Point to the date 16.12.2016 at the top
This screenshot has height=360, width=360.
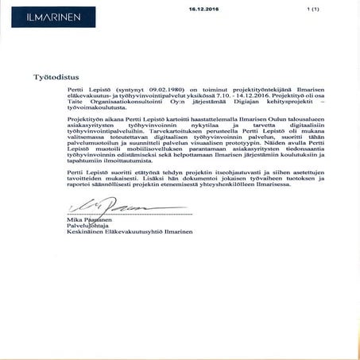point(203,8)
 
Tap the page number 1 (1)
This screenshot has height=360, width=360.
point(312,8)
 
